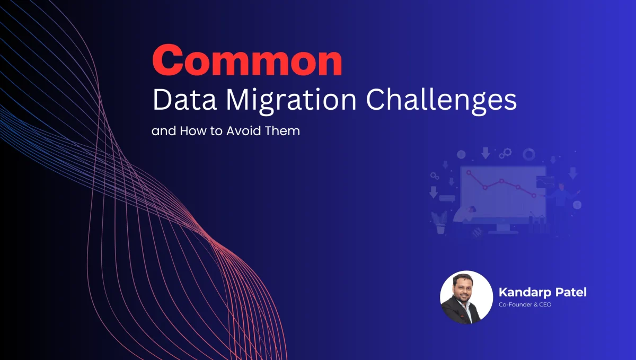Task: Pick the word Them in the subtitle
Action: point(285,130)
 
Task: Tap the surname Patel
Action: point(570,292)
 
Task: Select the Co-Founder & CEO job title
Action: point(525,305)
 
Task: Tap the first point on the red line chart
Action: point(469,172)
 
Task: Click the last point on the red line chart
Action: point(534,196)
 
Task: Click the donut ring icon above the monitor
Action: point(528,154)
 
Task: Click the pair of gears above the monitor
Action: point(507,153)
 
